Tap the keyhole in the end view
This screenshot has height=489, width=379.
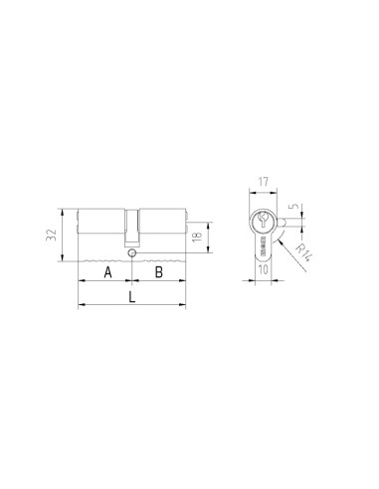tap(262, 221)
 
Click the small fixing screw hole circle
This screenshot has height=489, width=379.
tap(131, 252)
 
